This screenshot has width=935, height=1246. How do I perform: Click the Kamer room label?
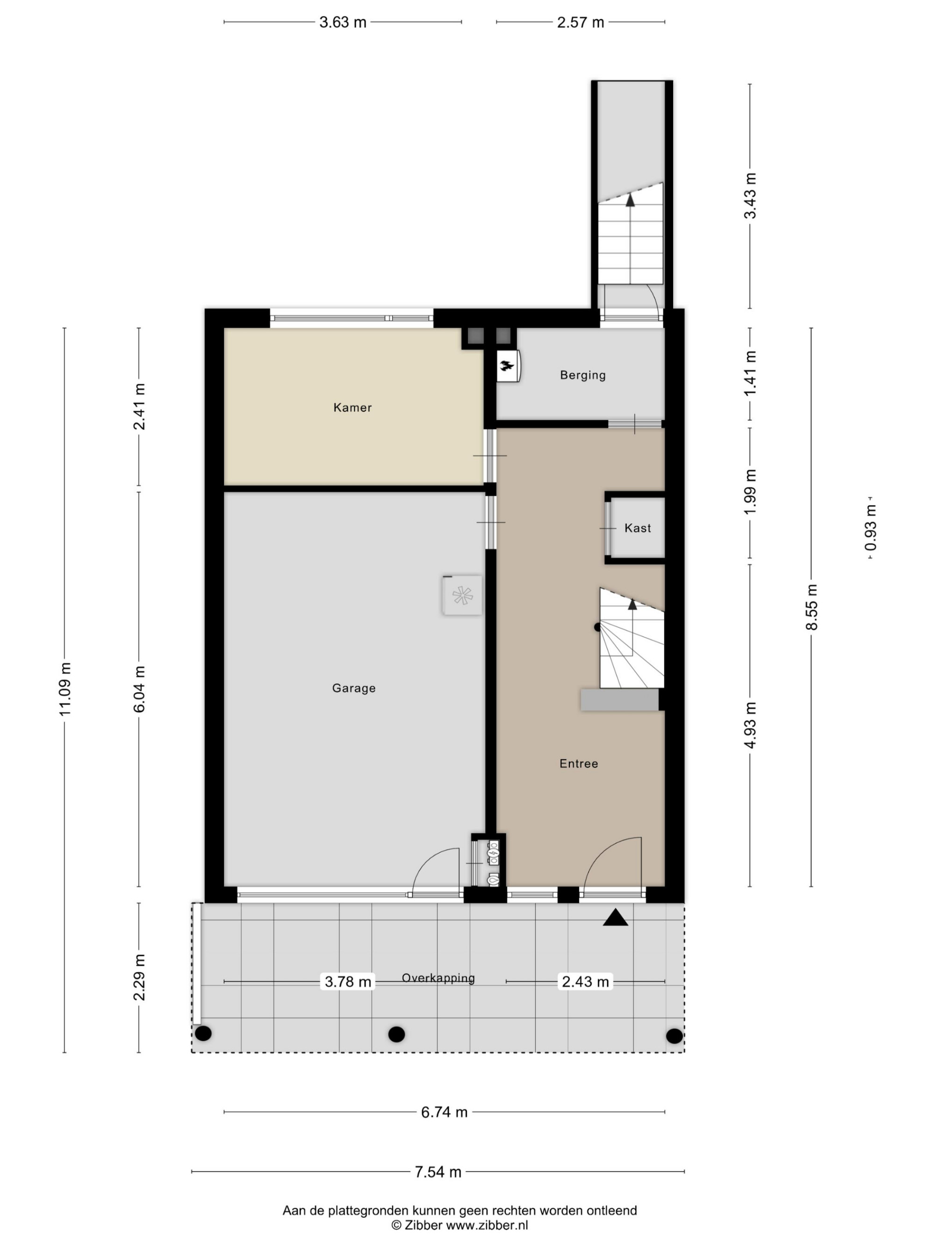pyautogui.click(x=352, y=407)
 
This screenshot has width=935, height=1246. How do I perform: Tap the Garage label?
pyautogui.click(x=353, y=688)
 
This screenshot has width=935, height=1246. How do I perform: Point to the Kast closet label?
pyautogui.click(x=637, y=528)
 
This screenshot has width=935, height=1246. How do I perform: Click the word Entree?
pyautogui.click(x=579, y=763)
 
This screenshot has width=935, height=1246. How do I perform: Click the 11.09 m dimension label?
pyautogui.click(x=65, y=689)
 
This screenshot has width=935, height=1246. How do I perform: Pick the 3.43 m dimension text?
pyautogui.click(x=750, y=195)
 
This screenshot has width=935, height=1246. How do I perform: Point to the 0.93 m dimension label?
pyautogui.click(x=871, y=528)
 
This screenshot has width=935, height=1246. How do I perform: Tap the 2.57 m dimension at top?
pyautogui.click(x=581, y=22)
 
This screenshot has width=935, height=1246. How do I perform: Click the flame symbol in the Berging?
pyautogui.click(x=507, y=367)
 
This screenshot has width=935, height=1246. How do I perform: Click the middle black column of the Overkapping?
pyautogui.click(x=397, y=1034)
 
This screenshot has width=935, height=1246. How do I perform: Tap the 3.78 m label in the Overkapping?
pyautogui.click(x=348, y=982)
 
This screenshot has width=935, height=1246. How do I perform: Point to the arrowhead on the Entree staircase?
pyautogui.click(x=633, y=604)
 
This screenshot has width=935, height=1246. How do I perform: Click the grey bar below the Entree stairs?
pyautogui.click(x=620, y=699)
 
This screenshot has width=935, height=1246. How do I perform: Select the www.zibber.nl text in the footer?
pyautogui.click(x=487, y=1225)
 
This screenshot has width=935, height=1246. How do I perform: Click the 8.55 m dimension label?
pyautogui.click(x=812, y=607)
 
